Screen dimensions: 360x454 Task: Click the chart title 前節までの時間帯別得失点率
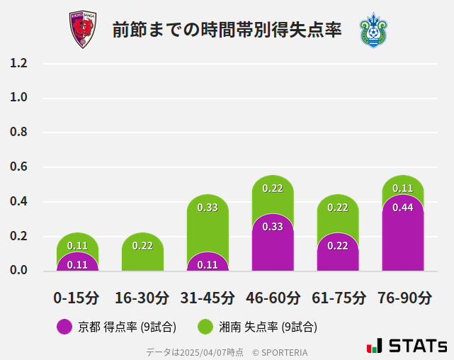(227, 30)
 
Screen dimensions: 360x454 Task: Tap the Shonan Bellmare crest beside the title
(373, 30)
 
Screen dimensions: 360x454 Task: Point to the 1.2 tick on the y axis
(18, 63)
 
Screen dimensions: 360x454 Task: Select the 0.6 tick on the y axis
(18, 167)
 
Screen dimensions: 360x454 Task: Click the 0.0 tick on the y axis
(18, 271)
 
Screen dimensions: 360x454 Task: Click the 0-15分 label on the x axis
(77, 298)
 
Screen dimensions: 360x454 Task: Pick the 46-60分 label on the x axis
(273, 298)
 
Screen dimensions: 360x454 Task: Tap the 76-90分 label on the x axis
(403, 298)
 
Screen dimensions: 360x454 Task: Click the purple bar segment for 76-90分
(403, 237)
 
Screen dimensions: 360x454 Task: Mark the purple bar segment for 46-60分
(273, 244)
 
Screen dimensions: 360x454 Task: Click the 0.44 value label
(403, 208)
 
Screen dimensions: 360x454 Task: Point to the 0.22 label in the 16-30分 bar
(142, 246)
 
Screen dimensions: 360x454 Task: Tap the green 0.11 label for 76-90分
(403, 189)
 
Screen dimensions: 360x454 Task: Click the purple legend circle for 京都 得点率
(64, 327)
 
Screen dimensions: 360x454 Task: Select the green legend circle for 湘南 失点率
(205, 327)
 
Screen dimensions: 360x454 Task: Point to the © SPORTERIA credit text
(280, 352)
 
